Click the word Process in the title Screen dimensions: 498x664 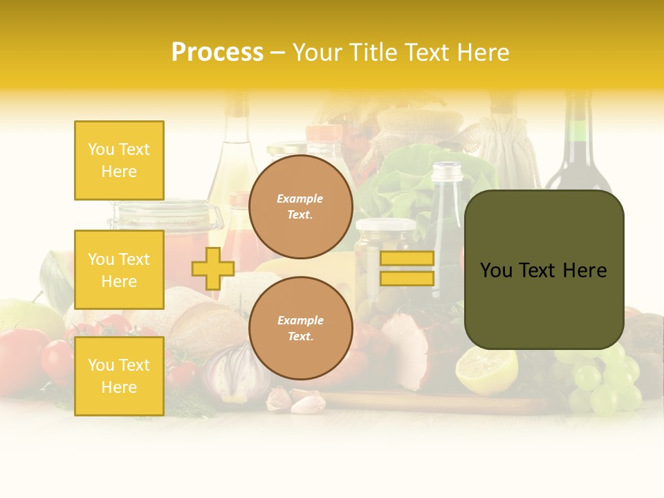pyautogui.click(x=217, y=53)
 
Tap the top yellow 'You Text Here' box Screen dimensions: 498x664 pyautogui.click(x=119, y=160)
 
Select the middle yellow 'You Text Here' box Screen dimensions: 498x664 pyautogui.click(x=119, y=270)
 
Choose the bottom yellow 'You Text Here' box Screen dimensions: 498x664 pyautogui.click(x=119, y=376)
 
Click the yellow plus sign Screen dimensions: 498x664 pyautogui.click(x=213, y=268)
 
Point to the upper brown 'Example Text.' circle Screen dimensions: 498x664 pyautogui.click(x=301, y=207)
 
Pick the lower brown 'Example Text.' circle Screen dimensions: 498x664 pyautogui.click(x=301, y=329)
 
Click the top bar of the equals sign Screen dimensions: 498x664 pyautogui.click(x=407, y=258)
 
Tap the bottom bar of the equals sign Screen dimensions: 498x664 pyautogui.click(x=407, y=279)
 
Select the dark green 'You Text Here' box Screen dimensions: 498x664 pyautogui.click(x=544, y=270)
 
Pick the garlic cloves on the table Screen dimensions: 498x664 pyautogui.click(x=297, y=400)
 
